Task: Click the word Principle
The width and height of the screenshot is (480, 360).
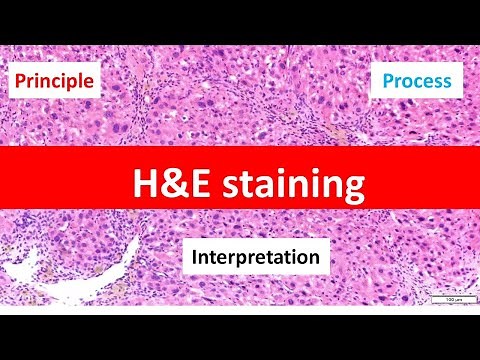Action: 55,80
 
